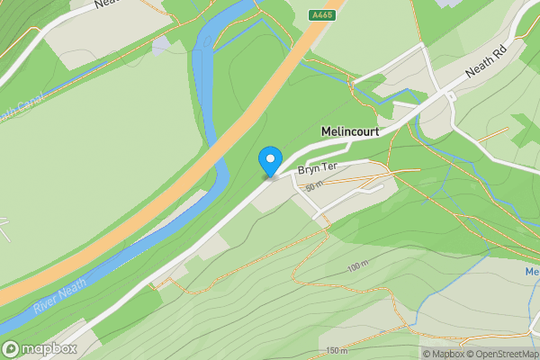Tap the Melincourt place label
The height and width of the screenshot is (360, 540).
(x=350, y=131)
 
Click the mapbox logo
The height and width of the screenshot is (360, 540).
(x=40, y=348)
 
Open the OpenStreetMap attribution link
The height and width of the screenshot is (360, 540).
(x=507, y=354)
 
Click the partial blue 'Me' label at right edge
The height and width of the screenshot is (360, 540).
(x=532, y=272)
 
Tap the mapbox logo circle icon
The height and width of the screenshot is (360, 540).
(x=12, y=348)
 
